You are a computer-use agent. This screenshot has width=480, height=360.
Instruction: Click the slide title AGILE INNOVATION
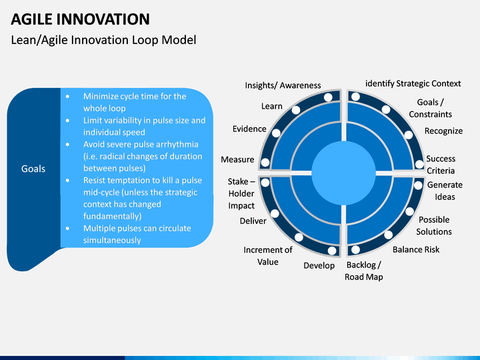pos(80,19)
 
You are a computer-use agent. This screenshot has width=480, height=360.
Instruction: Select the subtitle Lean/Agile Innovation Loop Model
pos(103,40)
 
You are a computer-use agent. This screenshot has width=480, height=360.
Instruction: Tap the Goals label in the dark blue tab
pos(33,169)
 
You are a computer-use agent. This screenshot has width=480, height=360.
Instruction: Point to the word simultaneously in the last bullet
pos(112,240)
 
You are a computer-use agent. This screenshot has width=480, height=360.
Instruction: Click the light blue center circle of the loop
pos(343,173)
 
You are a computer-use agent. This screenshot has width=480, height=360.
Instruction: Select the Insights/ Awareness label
pos(283,85)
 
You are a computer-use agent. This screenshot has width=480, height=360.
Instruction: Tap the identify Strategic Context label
pos(413,83)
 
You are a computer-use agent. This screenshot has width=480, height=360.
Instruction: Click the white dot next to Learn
pos(296,110)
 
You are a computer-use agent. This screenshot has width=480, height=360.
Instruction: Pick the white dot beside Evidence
pos(276,133)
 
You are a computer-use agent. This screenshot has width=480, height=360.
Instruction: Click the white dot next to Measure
pos(265,163)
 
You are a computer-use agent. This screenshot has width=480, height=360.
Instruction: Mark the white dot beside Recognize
pos(409,135)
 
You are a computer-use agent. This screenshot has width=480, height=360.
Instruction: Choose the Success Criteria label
pos(441,165)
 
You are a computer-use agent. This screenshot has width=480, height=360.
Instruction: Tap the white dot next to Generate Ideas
pos(418,185)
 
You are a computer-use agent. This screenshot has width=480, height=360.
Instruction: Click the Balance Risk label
pos(416,250)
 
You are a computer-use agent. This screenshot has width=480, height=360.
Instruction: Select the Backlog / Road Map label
pos(364,271)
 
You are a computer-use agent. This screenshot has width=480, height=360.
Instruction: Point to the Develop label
pos(319,265)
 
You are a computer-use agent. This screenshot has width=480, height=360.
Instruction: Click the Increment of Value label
pos(268,256)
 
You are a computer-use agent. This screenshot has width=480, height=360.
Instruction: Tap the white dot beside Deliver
pos(275,214)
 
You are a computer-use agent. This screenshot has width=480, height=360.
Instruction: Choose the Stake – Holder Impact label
pos(241,194)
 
